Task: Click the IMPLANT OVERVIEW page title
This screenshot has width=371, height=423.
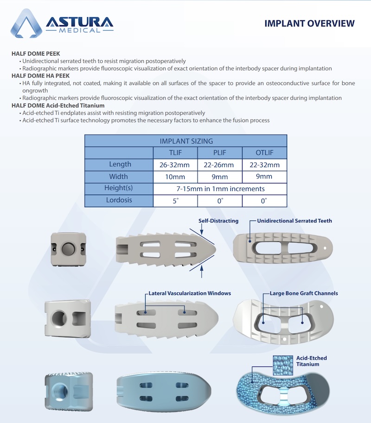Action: click(x=309, y=24)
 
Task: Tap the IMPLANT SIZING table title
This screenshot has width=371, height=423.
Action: click(x=185, y=141)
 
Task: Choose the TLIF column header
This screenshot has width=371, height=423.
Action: click(x=175, y=152)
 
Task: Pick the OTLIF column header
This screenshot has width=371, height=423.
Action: click(x=264, y=152)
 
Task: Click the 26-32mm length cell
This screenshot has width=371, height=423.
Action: click(x=175, y=164)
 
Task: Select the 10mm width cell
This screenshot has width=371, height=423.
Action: click(x=175, y=177)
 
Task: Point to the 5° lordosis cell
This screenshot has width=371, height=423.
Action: click(x=175, y=201)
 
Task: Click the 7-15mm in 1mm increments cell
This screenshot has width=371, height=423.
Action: click(x=219, y=189)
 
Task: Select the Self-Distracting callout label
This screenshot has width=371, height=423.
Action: click(x=218, y=221)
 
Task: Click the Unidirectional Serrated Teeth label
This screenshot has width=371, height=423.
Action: click(x=294, y=221)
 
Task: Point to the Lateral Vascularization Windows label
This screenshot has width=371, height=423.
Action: click(x=190, y=293)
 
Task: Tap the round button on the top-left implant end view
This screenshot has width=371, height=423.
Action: click(x=68, y=248)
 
